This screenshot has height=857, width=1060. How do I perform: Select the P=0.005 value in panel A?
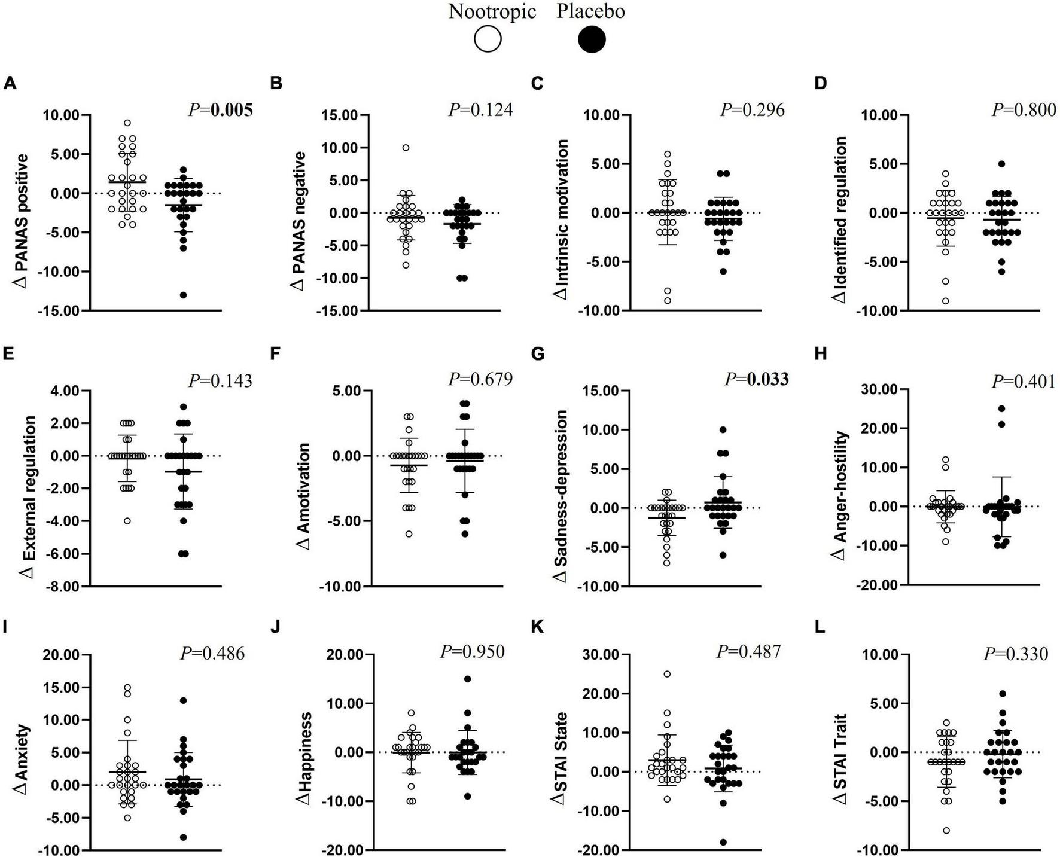click(x=220, y=109)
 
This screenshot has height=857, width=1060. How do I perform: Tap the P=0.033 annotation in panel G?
click(x=757, y=379)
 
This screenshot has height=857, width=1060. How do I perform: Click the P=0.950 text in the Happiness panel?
click(x=472, y=651)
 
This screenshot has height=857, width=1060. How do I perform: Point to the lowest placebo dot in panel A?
click(x=184, y=295)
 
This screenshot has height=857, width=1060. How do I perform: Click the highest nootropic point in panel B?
click(x=406, y=147)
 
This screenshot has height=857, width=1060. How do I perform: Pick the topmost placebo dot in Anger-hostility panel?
click(x=1001, y=408)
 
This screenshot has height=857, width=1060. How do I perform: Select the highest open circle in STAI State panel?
click(x=667, y=674)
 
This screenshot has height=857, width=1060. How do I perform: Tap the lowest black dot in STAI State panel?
click(x=723, y=842)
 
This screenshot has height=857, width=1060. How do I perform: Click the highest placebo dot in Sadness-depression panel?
click(x=723, y=429)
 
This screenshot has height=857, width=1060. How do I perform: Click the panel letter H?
click(x=821, y=354)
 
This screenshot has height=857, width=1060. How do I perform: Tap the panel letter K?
click(x=537, y=629)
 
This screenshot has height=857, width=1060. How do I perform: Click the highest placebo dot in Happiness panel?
click(x=467, y=679)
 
